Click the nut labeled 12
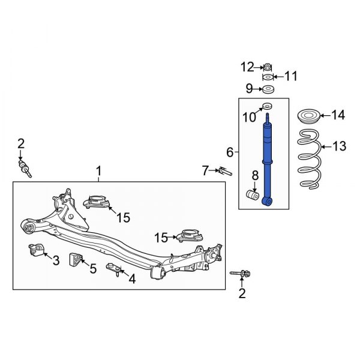pos(267,66)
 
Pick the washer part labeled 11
pos(267,77)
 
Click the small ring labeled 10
pos(267,107)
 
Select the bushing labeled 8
pos(253,196)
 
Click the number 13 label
pos(340,146)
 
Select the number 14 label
pos(338,115)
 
